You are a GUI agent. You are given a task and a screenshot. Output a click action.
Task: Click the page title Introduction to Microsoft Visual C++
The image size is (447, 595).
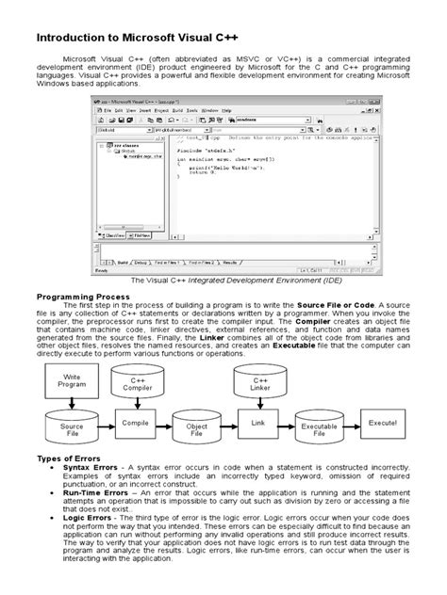point(142,39)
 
